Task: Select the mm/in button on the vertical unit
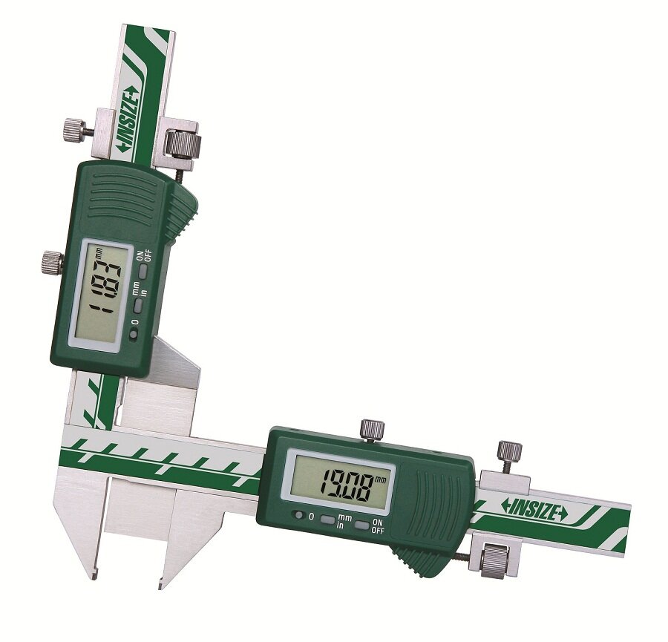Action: pyautogui.click(x=140, y=306)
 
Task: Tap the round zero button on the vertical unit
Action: pyautogui.click(x=135, y=335)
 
